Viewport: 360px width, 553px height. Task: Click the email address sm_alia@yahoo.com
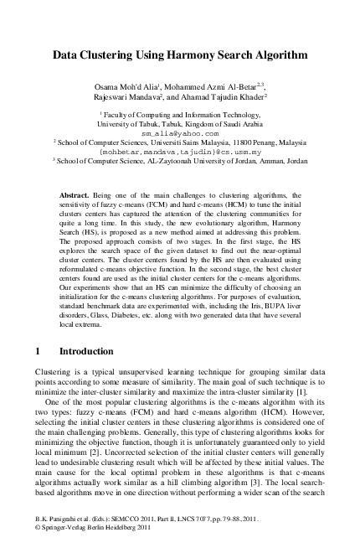(180, 132)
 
